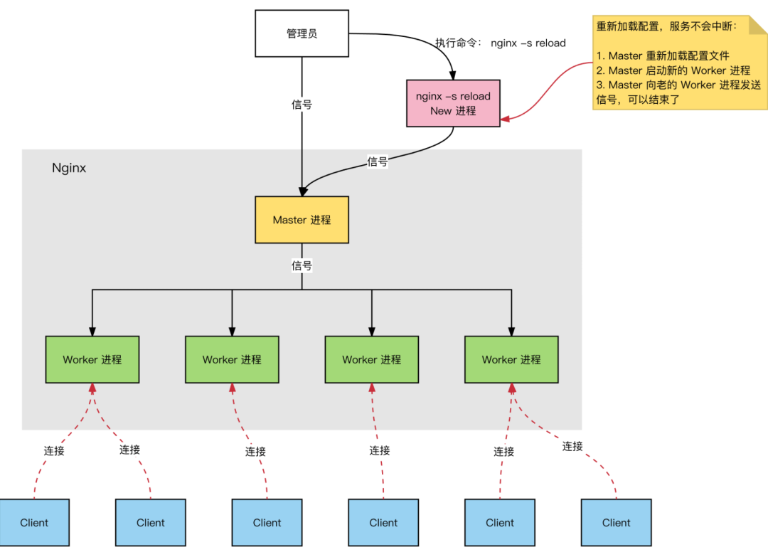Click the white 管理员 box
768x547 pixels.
click(x=302, y=33)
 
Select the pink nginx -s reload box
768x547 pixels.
click(x=453, y=103)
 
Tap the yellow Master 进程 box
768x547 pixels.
click(x=302, y=220)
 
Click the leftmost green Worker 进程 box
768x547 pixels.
click(x=92, y=359)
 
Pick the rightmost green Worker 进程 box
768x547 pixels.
click(x=511, y=359)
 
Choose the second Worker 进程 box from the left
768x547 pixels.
click(x=232, y=359)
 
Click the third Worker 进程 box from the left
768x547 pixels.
click(x=371, y=359)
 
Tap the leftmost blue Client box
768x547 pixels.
click(x=34, y=522)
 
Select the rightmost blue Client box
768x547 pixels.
click(x=616, y=522)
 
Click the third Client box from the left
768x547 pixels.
click(x=267, y=522)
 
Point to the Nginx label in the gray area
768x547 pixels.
click(x=69, y=169)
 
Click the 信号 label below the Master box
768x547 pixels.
click(x=302, y=266)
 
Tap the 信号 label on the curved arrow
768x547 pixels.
click(x=377, y=161)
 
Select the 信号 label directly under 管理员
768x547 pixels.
click(x=302, y=105)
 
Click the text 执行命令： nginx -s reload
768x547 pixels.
click(x=501, y=43)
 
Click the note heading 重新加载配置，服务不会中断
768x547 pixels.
click(x=667, y=26)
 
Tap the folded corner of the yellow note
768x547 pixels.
click(x=757, y=26)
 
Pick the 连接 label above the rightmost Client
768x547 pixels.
click(x=572, y=446)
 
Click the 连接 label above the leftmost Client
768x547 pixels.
click(x=54, y=450)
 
